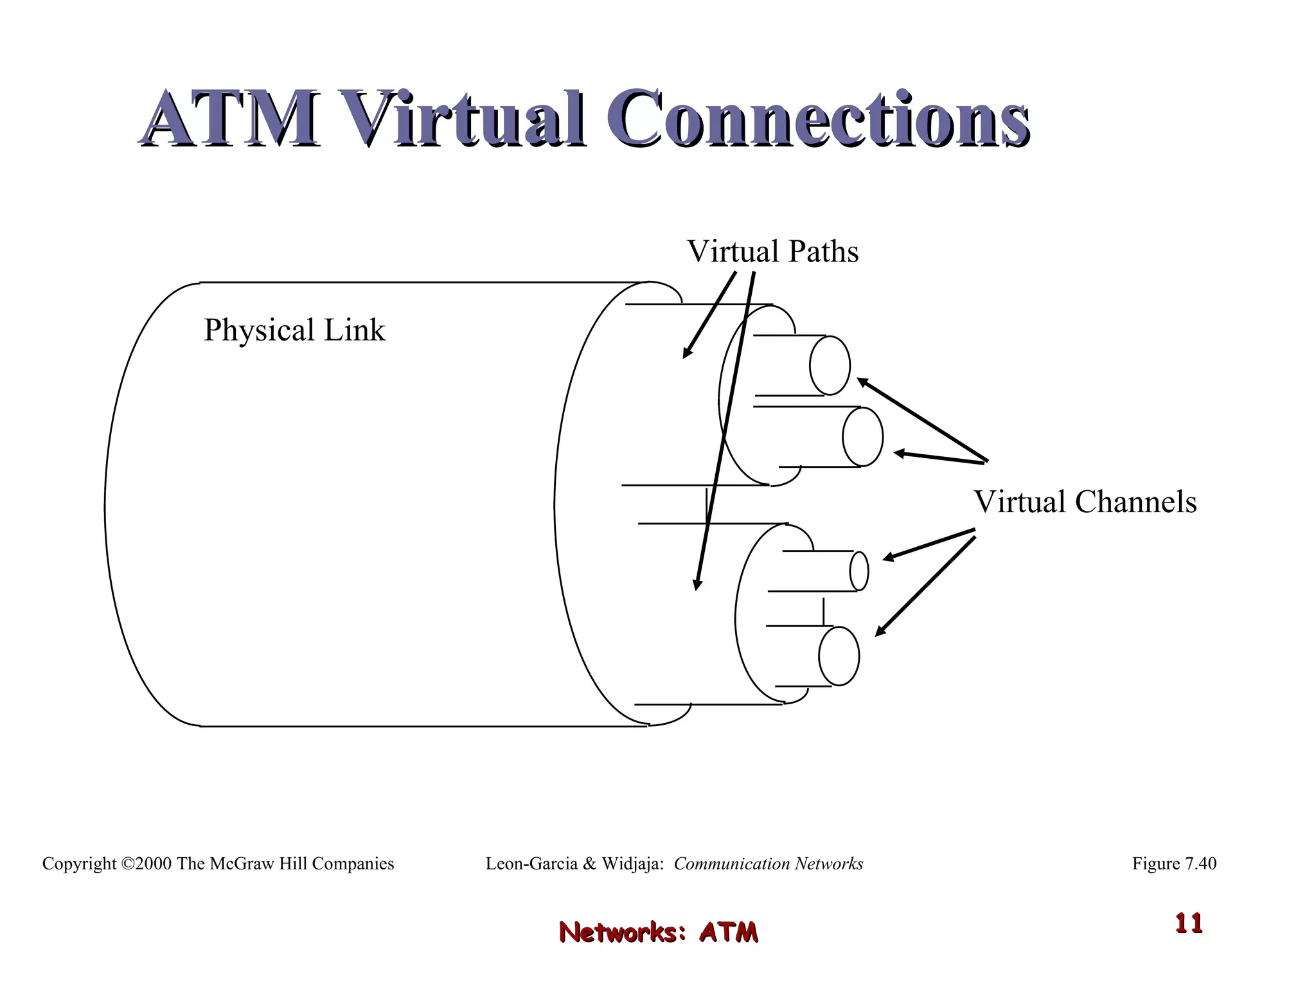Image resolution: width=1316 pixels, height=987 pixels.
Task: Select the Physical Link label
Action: [294, 330]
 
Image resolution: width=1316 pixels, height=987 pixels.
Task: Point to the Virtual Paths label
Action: [772, 251]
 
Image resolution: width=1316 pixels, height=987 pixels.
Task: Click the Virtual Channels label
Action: [1085, 502]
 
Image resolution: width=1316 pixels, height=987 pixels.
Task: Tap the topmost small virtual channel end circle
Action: [830, 366]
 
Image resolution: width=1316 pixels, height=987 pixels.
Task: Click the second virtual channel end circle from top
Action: [862, 437]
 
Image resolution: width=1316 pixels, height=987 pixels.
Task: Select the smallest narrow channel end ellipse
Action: [859, 571]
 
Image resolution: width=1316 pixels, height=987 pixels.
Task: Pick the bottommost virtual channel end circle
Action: [839, 656]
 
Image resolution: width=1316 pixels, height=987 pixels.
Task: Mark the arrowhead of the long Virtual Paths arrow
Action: [697, 585]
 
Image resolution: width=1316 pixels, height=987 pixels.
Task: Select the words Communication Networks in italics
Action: [768, 864]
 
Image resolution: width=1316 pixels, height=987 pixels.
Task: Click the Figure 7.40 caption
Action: [1174, 864]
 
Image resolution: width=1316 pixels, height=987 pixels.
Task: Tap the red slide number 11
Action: [1189, 923]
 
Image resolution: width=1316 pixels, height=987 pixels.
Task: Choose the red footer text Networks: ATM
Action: [658, 932]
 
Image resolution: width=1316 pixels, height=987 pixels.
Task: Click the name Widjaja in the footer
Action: [632, 864]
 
